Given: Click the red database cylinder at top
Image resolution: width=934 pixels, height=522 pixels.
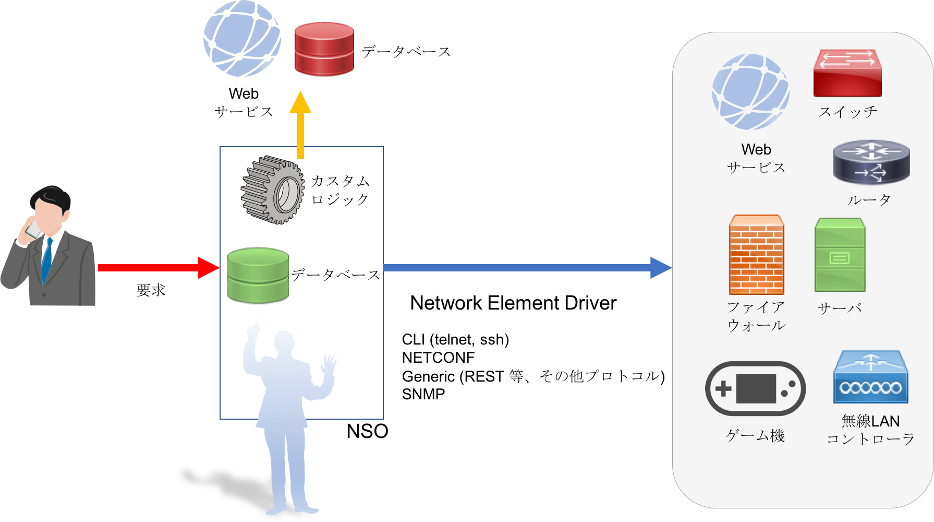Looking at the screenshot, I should click(x=324, y=49).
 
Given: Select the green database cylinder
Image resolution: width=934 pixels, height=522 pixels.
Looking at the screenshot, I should click(x=258, y=276).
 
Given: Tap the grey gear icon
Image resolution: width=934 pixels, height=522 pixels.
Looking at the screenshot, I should click(x=272, y=189).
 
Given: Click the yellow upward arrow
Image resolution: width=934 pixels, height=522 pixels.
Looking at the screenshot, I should click(x=300, y=125).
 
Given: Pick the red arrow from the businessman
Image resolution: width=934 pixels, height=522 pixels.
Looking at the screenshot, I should click(x=156, y=268).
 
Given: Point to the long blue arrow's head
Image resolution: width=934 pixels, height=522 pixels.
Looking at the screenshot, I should click(x=661, y=268).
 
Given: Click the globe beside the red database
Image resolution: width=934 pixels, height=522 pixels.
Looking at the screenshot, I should click(x=242, y=39).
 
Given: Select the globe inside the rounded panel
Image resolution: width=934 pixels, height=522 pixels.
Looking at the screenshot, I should click(x=750, y=92).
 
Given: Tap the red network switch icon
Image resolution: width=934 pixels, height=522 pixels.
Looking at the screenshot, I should click(x=847, y=73).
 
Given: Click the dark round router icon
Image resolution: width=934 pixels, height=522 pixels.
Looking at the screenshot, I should click(x=871, y=162).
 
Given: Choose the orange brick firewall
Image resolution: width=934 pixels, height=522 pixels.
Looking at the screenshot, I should click(x=756, y=255).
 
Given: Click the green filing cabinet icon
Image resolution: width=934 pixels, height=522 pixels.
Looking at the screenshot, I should click(x=840, y=255).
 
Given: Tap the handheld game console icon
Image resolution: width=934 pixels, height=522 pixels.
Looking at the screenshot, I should click(x=755, y=388).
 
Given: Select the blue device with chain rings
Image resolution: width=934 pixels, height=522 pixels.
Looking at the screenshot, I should click(x=870, y=377).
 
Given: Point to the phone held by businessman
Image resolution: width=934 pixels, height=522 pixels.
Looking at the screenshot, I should click(x=33, y=229).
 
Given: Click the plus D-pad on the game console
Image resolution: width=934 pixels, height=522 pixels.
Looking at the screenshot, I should click(x=723, y=388).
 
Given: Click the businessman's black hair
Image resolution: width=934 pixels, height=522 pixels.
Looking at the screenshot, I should click(x=51, y=197).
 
